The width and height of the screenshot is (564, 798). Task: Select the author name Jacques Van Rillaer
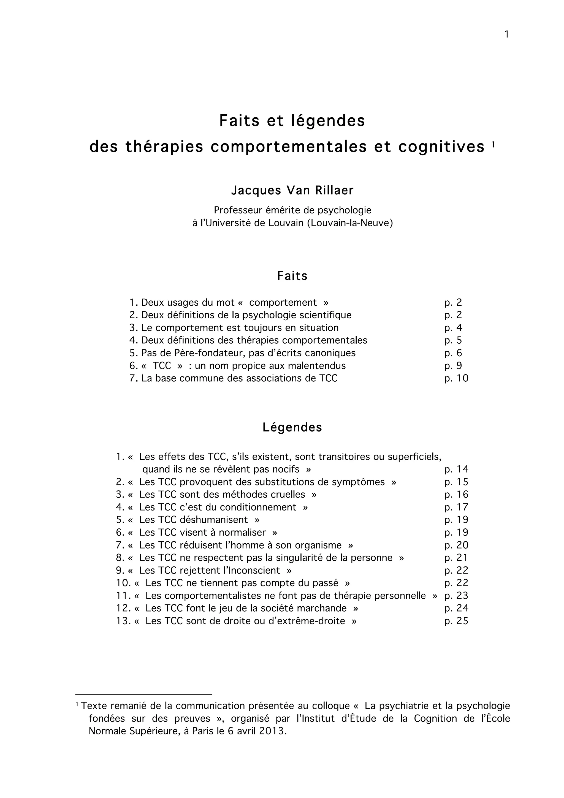click(x=292, y=191)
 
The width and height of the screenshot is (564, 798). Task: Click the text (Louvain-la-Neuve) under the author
click(x=350, y=223)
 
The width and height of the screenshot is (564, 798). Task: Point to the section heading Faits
click(x=292, y=276)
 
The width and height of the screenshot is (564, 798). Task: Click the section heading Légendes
click(x=292, y=427)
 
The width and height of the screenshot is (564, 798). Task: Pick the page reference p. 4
click(x=453, y=328)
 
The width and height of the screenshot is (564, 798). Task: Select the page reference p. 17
click(x=456, y=507)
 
